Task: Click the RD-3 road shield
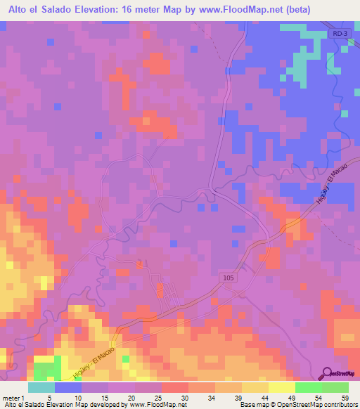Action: click(340, 34)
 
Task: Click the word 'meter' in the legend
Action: click(10, 397)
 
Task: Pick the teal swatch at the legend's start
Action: click(41, 387)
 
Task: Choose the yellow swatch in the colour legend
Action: click(281, 387)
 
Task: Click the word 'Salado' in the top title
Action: click(66, 10)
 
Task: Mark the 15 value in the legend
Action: click(104, 397)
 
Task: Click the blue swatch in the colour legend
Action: click(68, 387)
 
